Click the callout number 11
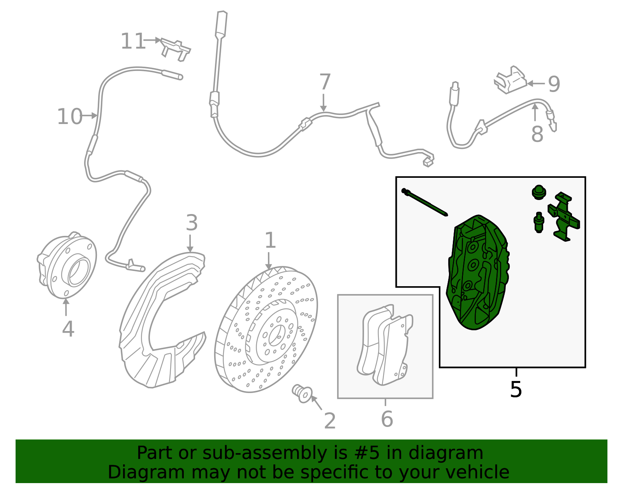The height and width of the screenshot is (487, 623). click(x=133, y=41)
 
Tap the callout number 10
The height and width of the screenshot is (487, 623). click(x=70, y=117)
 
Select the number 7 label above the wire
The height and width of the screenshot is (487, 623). click(x=325, y=82)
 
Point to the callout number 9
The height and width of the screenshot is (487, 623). click(x=554, y=84)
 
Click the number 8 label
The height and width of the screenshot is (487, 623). click(x=537, y=134)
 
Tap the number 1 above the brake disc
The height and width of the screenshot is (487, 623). click(x=270, y=240)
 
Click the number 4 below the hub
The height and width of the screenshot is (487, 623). click(x=68, y=329)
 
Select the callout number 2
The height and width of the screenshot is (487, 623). click(x=330, y=421)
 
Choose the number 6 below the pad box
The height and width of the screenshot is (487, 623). click(x=387, y=419)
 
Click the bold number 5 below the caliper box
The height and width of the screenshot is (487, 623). click(x=516, y=390)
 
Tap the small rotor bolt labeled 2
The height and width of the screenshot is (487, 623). click(x=302, y=394)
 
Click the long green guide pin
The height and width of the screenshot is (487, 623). click(x=424, y=202)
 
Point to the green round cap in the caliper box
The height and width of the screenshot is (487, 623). click(x=539, y=192)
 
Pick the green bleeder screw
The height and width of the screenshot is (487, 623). click(x=539, y=222)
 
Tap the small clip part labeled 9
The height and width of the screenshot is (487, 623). click(x=510, y=80)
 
